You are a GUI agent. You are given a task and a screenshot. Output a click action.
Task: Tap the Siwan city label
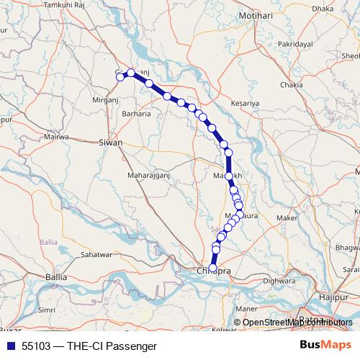[x=110, y=143]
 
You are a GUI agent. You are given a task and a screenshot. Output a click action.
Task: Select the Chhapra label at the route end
[x=213, y=271]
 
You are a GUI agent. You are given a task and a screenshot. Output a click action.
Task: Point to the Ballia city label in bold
[x=55, y=276]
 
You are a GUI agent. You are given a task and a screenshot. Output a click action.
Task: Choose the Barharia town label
[x=136, y=113]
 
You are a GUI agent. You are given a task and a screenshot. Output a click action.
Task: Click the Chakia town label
[x=292, y=85]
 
